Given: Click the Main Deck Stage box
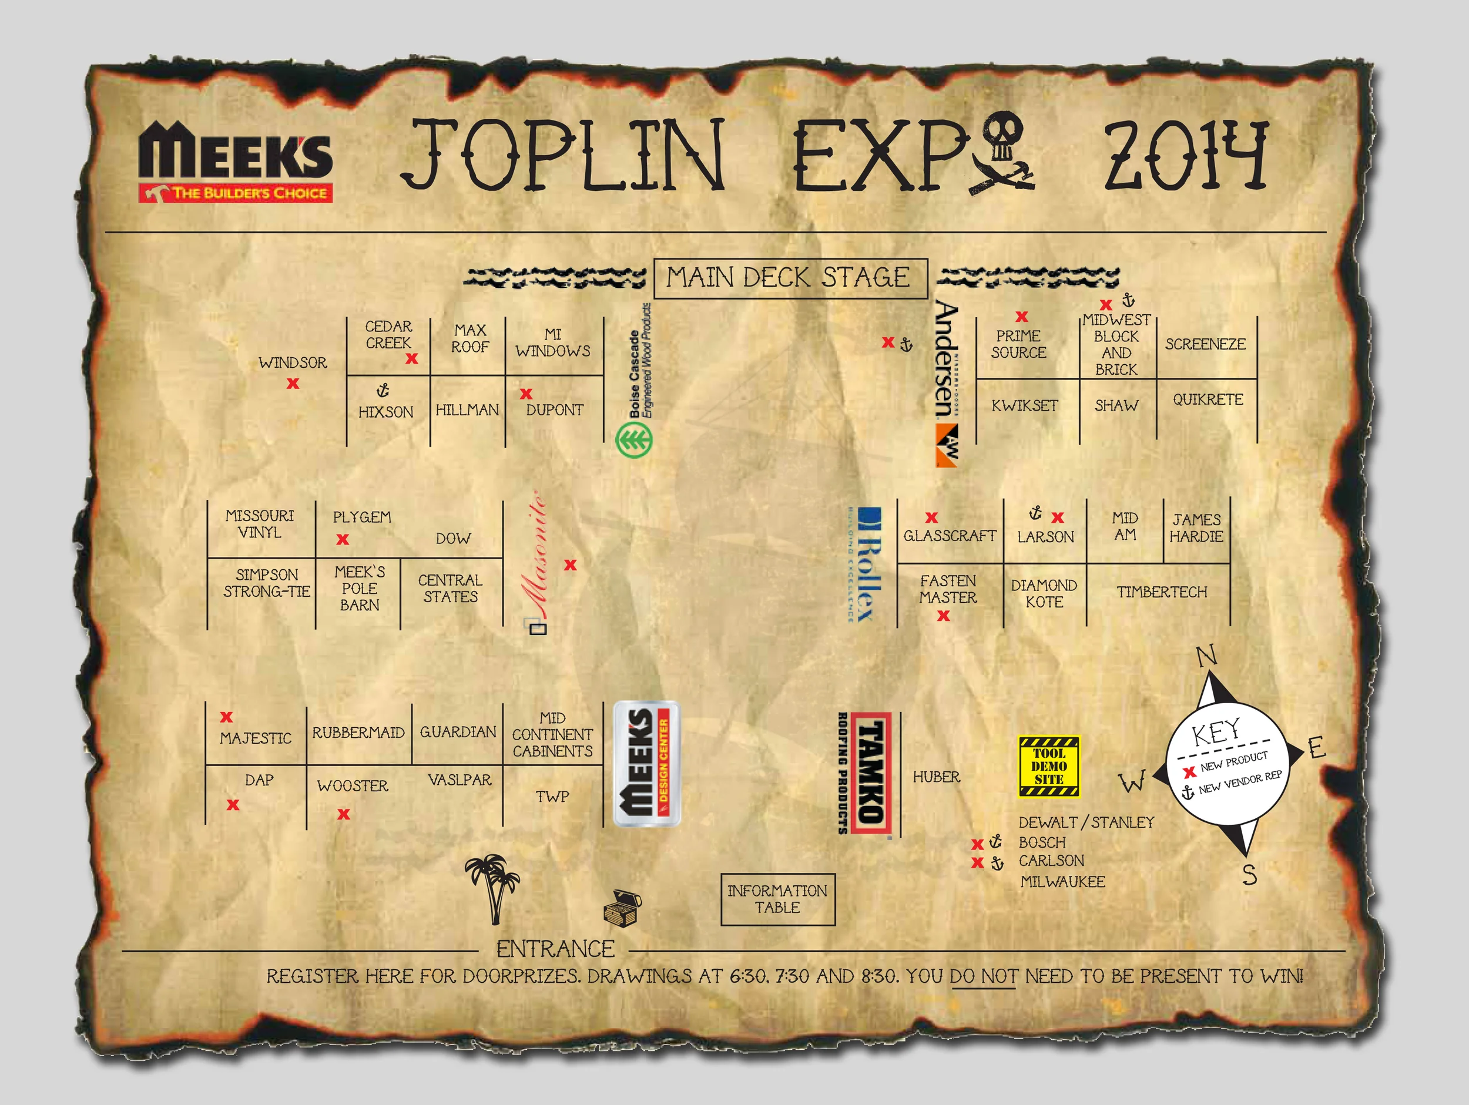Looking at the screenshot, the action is [x=790, y=278].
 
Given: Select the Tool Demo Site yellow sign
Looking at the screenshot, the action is [x=1049, y=766].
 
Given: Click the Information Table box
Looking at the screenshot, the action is [x=777, y=899].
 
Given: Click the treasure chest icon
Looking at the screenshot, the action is [x=623, y=906].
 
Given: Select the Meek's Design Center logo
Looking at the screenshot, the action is [x=646, y=764].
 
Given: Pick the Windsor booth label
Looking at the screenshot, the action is [x=293, y=362].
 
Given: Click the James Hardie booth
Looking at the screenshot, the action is [x=1196, y=528].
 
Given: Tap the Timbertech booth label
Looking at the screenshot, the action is [x=1162, y=592].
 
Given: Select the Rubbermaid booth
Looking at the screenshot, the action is [x=358, y=733].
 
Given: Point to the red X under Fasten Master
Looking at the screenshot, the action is [x=943, y=616].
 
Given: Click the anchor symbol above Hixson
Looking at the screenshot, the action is [x=383, y=390].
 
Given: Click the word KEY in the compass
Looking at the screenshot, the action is [x=1215, y=733].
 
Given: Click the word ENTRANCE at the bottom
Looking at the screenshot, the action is [x=555, y=949].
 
